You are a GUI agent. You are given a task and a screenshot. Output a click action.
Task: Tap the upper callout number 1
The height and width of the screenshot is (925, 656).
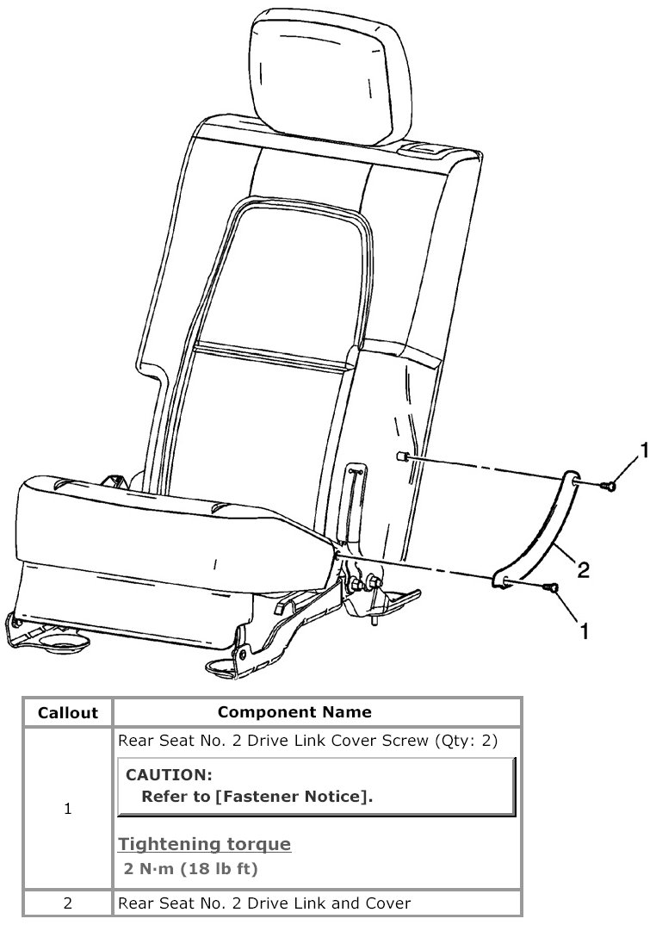pos(642,449)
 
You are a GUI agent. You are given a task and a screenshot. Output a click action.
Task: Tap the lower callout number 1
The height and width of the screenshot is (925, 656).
pos(585,632)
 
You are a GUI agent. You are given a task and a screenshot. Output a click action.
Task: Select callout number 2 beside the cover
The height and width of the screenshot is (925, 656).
pos(583,570)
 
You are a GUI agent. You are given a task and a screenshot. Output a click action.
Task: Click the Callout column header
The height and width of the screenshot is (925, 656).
pos(68,713)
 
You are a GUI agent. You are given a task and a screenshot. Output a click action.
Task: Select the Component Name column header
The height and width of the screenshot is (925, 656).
pos(294,712)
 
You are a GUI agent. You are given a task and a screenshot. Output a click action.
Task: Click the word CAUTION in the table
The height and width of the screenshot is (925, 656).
pos(169,774)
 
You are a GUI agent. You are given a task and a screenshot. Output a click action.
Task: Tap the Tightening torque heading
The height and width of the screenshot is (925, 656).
pos(204,844)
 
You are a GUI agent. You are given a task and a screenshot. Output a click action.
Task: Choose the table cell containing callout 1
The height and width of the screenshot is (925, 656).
pos(68,810)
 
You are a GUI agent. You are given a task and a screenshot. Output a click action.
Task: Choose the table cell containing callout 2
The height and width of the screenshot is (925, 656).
pos(68,903)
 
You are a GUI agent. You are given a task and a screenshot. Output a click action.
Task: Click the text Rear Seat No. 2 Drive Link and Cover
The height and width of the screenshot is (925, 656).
pos(263,903)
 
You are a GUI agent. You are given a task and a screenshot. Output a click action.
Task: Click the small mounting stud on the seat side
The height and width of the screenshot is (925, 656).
pos(403,457)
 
